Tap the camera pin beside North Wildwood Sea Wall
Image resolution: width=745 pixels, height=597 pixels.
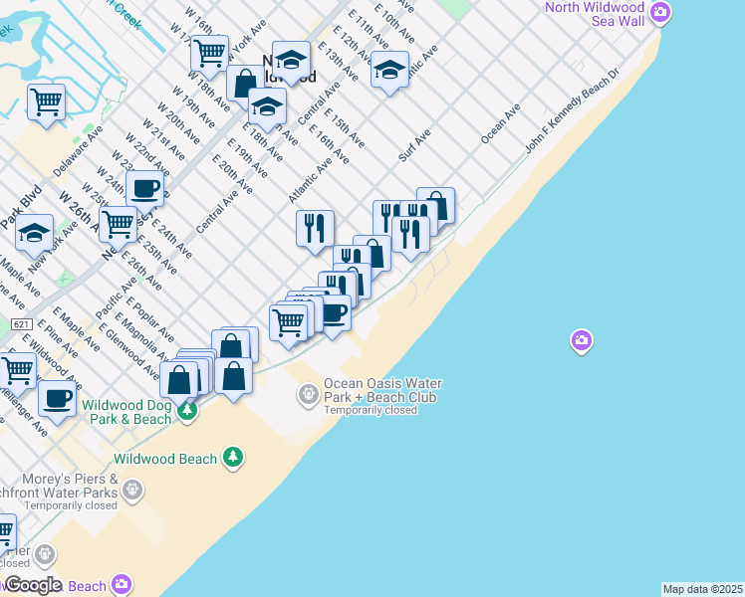[659, 13]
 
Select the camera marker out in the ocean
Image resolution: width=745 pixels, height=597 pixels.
[582, 342]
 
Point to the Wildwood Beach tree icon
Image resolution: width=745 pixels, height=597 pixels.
[233, 457]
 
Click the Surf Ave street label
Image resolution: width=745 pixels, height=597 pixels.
[414, 144]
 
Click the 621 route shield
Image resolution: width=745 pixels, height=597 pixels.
[22, 325]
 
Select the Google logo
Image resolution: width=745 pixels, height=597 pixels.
[32, 584]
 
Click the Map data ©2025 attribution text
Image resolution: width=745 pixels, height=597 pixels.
[702, 589]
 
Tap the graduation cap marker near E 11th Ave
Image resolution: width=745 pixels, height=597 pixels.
[390, 71]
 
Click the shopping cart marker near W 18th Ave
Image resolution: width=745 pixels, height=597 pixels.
[209, 54]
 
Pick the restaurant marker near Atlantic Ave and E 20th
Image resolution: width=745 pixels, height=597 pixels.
[314, 229]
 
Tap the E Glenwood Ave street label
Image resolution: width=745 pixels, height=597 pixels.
[136, 358]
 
